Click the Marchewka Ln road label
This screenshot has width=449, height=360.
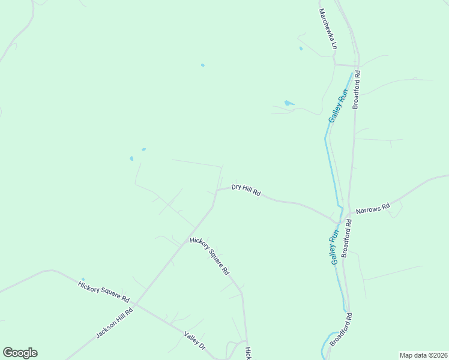point(328,29)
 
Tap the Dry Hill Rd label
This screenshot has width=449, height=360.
point(246,190)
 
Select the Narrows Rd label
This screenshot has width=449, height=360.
point(373,208)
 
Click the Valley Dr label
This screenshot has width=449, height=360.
point(194,341)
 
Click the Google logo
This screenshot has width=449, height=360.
point(20,353)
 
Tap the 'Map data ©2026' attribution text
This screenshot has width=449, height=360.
point(423,355)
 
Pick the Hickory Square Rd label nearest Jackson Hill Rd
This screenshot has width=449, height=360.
point(104,290)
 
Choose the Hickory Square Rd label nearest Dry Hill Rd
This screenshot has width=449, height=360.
point(209,256)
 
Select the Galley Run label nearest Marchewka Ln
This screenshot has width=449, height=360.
point(339,106)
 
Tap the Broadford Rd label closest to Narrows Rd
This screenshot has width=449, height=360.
point(346,238)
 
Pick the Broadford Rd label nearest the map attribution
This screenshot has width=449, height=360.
point(340,329)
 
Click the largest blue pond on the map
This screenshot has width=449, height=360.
point(289,103)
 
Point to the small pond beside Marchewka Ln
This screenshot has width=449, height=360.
point(301,49)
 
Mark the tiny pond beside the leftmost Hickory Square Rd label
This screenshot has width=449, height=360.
point(83,279)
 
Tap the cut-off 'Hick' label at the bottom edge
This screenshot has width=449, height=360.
point(247,353)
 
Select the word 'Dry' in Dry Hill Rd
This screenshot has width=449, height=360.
point(237,187)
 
